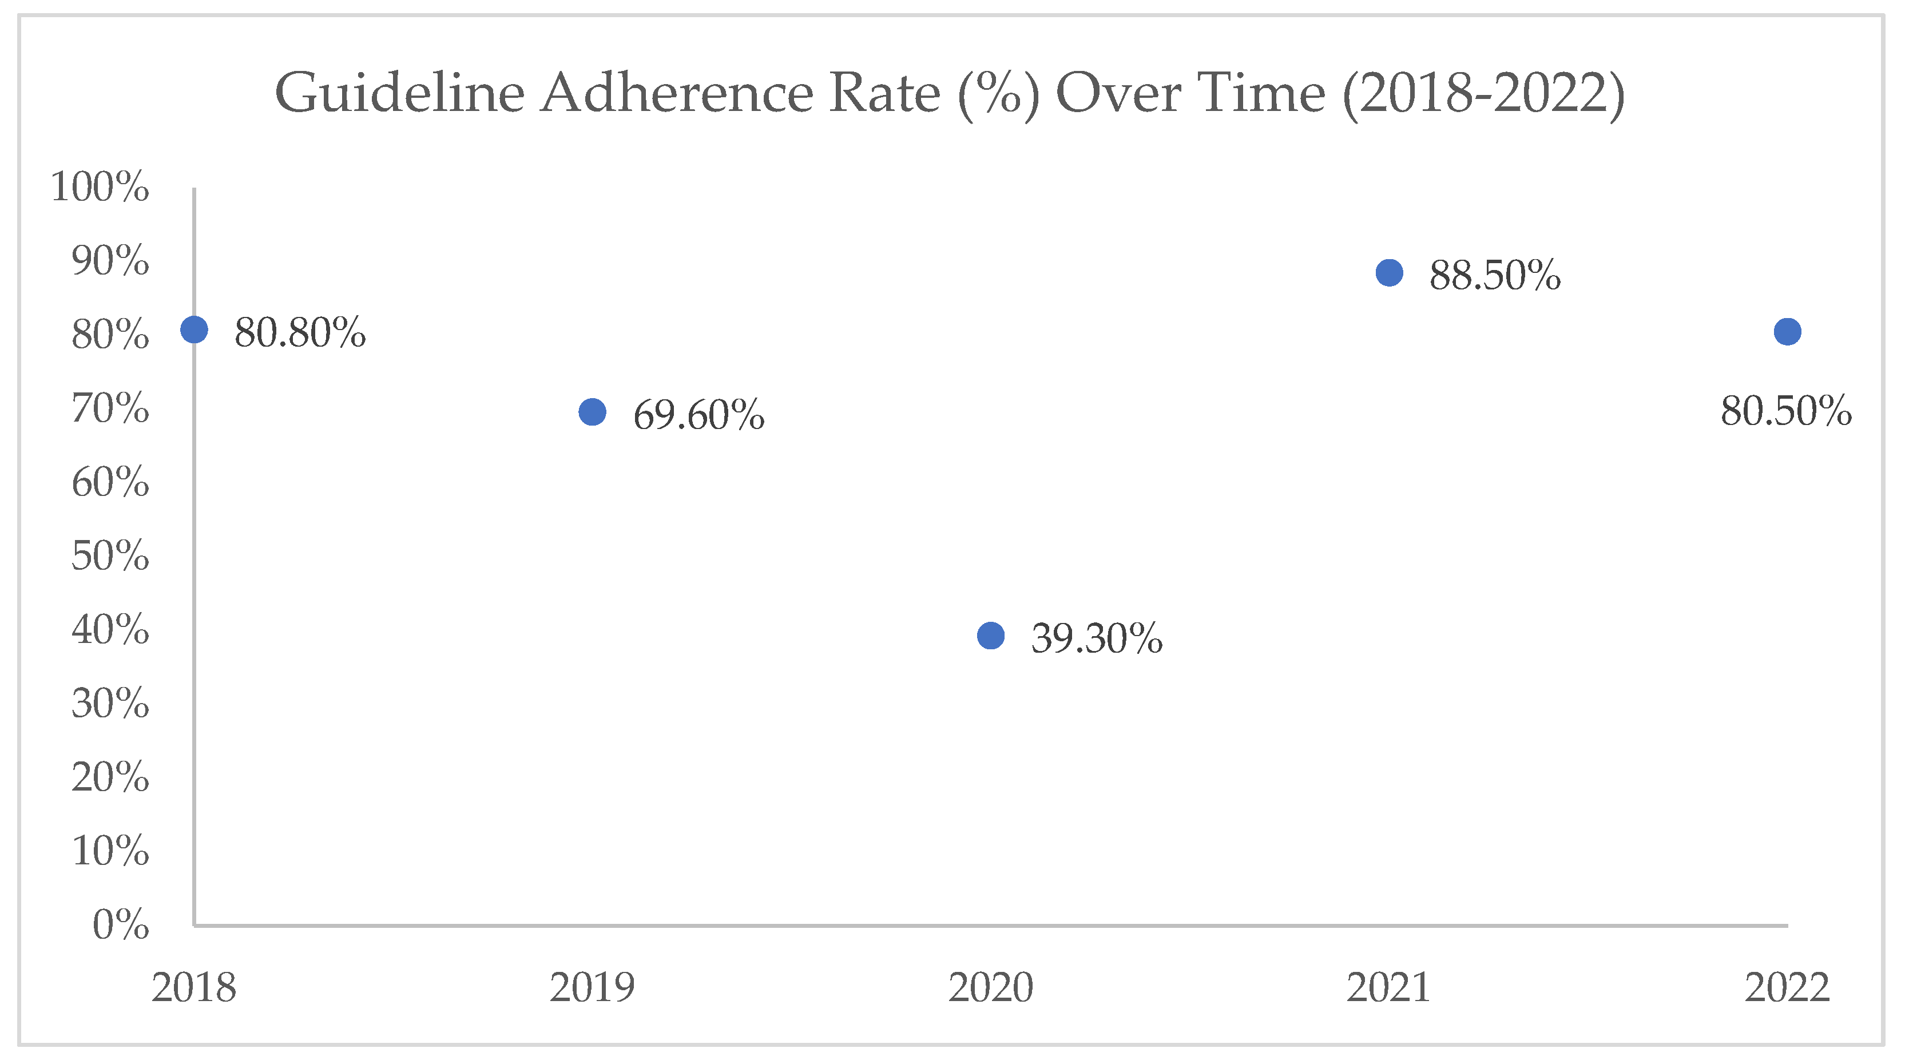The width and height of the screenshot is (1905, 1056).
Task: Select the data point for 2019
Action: [592, 412]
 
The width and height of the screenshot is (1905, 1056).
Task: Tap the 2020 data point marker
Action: [991, 635]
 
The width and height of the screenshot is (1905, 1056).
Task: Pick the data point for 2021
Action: [1390, 273]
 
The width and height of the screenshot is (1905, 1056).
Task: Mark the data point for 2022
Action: [1787, 332]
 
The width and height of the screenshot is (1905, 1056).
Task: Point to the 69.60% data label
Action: [699, 414]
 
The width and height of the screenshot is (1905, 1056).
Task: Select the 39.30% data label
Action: [1097, 638]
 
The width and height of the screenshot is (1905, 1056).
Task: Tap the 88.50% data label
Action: [1495, 275]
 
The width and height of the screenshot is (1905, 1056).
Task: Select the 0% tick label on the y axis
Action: [121, 924]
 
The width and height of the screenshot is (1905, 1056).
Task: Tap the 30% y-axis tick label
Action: [110, 702]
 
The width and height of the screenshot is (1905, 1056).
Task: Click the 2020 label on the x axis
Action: [991, 987]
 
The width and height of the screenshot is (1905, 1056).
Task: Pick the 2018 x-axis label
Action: [194, 987]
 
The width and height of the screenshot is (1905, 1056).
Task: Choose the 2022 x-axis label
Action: [1787, 987]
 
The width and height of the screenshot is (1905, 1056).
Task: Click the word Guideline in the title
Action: [399, 93]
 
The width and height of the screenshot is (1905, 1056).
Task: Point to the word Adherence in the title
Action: [677, 93]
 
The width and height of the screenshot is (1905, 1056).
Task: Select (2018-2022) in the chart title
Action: [1483, 94]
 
